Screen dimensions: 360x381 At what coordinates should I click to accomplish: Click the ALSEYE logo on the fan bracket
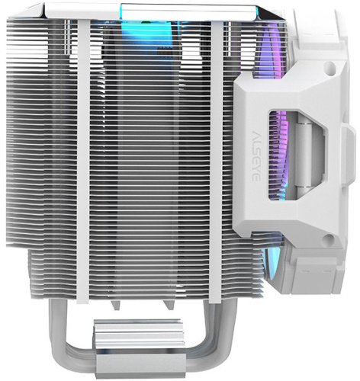[256, 155]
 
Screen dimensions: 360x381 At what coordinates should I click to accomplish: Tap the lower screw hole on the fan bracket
[329, 238]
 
